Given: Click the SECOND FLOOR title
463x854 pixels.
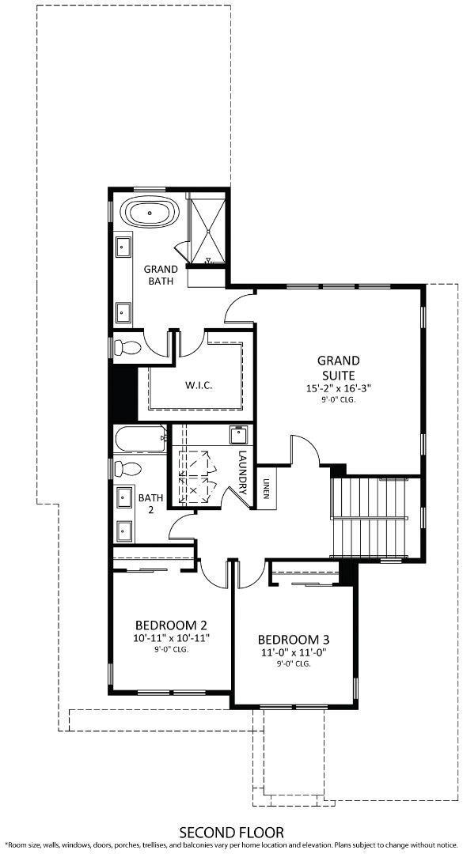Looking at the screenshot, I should coord(231,833).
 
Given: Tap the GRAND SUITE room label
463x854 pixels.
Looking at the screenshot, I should coord(338,368).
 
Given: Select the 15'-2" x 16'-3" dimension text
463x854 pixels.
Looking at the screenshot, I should coord(338,389).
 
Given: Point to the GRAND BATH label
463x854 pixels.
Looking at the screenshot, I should coord(161,274).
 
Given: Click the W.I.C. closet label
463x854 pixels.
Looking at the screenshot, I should coord(198,385).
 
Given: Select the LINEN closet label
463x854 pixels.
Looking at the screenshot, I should coord(268,490).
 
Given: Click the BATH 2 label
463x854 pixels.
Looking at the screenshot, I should coord(150,504).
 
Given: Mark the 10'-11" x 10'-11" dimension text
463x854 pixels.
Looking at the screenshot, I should coord(171,637).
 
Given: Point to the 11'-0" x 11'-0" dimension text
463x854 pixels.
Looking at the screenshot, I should coord(294,653).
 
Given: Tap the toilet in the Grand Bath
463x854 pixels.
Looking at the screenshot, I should coord(127,346).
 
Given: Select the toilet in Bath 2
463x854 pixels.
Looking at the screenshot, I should coord(125,467).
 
